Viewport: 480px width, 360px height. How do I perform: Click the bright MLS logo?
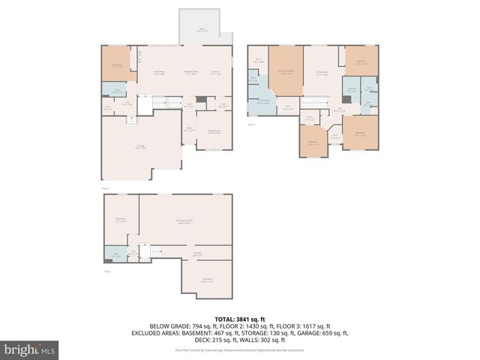(30, 349)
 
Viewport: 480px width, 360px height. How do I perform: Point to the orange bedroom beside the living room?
(118, 65)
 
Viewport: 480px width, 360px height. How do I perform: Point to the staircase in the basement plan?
(153, 251)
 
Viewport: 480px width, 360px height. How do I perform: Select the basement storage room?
(198, 253)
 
